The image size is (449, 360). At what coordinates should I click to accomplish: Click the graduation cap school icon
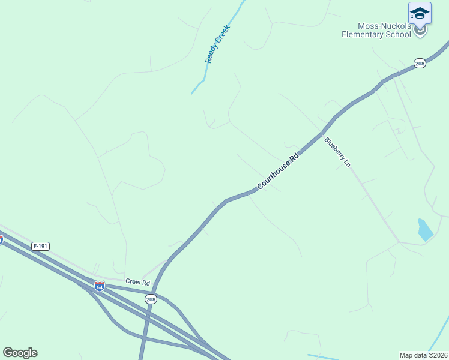(x=420, y=13)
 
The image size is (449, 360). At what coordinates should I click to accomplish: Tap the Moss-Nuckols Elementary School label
(x=376, y=30)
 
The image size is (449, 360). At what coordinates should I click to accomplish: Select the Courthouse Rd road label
(x=277, y=172)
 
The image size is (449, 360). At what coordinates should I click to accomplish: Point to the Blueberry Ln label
(x=337, y=152)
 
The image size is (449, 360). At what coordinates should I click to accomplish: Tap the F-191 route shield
(x=41, y=246)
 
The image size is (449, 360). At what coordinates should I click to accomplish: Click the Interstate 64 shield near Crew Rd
(x=100, y=287)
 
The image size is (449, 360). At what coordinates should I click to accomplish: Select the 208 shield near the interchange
(x=151, y=299)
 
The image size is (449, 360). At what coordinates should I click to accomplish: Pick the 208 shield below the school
(x=420, y=63)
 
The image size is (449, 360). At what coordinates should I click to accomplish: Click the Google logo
(x=20, y=353)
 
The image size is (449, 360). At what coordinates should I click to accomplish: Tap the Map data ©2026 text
(x=423, y=355)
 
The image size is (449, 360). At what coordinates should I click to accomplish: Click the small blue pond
(x=424, y=230)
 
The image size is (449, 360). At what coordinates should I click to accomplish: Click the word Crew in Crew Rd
(x=132, y=281)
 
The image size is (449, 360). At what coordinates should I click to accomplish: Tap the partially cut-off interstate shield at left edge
(x=1, y=239)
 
